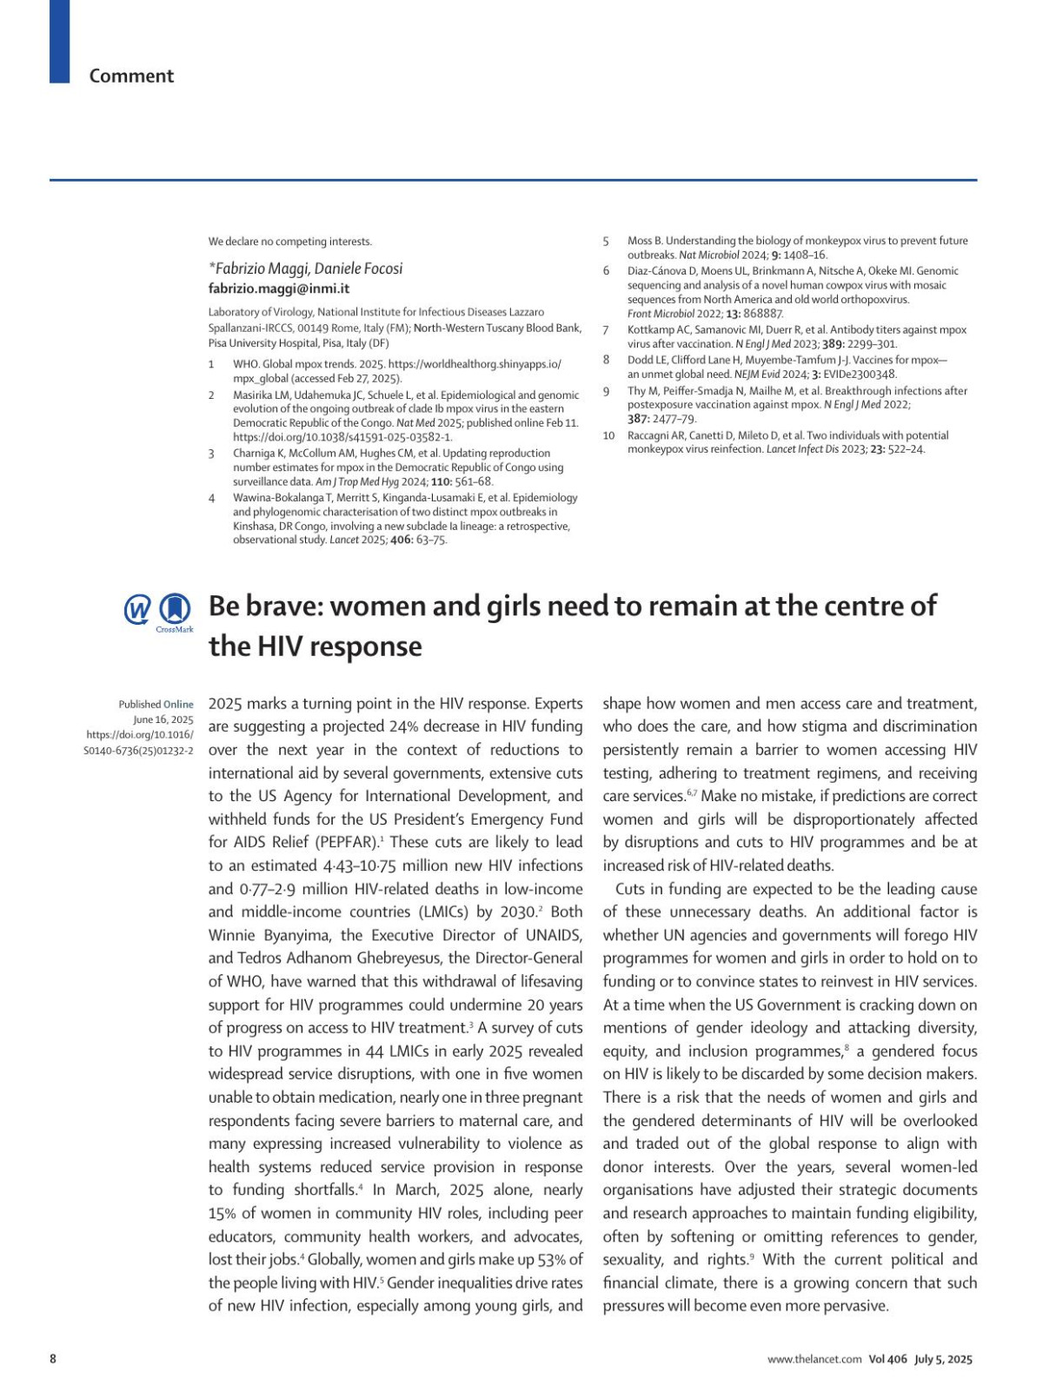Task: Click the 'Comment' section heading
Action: click(131, 76)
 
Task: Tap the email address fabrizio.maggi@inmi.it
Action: click(278, 288)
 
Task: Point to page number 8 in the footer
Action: click(53, 1359)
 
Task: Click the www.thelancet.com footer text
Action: click(814, 1360)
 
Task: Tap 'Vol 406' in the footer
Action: click(887, 1360)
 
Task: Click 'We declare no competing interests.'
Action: click(289, 242)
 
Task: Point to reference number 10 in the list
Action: click(608, 435)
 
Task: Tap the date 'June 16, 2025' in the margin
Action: click(163, 719)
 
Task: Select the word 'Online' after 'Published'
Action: click(178, 705)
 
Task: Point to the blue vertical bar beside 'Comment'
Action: click(59, 41)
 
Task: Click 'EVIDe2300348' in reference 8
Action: click(860, 375)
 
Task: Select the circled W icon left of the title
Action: click(137, 610)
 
